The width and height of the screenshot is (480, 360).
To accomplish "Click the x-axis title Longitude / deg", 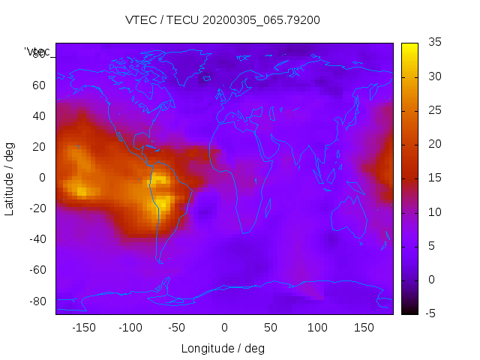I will [223, 348].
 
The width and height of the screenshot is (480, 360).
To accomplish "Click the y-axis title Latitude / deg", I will [10, 178].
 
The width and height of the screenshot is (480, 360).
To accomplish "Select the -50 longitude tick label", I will [178, 328].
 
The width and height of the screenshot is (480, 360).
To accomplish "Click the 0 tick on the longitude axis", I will [224, 328].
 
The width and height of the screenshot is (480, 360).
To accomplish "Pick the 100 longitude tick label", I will [318, 328].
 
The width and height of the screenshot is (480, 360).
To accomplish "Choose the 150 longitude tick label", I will [364, 328].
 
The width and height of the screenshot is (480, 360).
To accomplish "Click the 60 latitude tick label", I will [39, 85].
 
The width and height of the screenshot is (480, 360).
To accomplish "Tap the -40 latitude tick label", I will [37, 239].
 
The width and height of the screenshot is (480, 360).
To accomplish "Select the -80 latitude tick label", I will [37, 301].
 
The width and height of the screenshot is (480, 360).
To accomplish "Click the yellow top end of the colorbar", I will [409, 46].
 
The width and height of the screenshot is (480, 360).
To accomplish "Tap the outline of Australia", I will [349, 217].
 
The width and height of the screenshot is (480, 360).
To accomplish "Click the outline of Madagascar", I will [268, 203].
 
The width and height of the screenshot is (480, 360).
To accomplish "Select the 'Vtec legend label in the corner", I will [37, 52].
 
